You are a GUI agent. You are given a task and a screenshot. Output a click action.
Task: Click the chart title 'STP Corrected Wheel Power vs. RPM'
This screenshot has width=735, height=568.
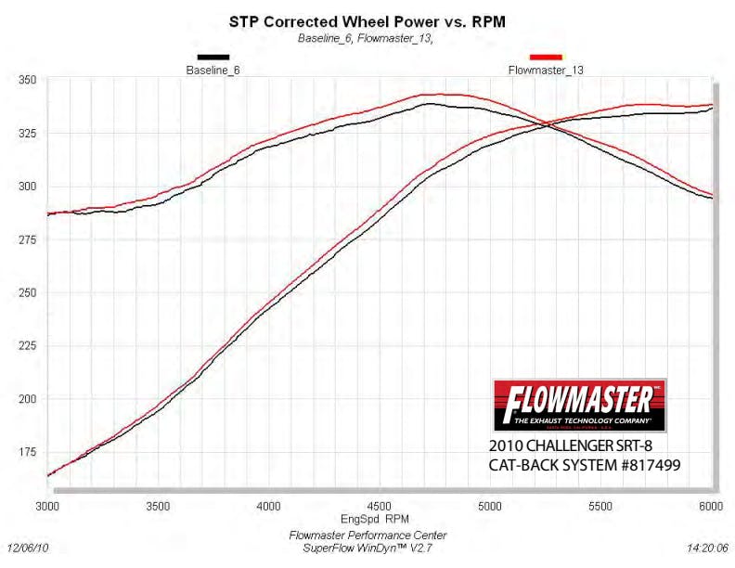(367, 19)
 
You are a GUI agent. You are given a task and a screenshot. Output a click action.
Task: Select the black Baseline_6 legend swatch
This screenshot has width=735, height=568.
(213, 58)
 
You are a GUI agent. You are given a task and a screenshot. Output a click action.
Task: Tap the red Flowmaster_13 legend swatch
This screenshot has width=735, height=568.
(545, 58)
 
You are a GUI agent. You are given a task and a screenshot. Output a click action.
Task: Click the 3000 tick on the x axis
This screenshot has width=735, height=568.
(47, 507)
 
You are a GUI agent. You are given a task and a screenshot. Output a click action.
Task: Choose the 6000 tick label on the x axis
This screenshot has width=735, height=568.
(711, 507)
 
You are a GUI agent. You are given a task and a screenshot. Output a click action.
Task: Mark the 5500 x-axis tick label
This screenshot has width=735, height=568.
(600, 507)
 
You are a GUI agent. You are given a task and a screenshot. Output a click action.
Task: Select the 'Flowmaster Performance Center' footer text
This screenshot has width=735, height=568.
(367, 536)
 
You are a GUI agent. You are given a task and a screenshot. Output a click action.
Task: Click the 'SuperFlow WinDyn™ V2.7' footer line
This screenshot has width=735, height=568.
(367, 549)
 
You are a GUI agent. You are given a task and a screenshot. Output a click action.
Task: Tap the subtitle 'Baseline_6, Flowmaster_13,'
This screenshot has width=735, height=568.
(367, 38)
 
